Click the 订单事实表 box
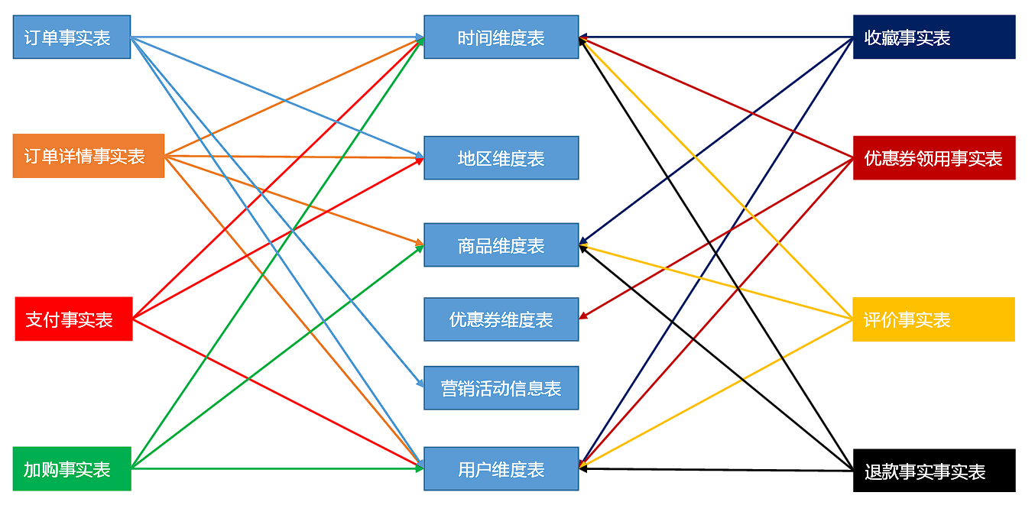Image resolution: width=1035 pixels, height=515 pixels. pos(71,37)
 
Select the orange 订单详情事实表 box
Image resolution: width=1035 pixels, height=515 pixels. pos(88,156)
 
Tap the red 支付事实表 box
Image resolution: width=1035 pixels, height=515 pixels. pos(73,319)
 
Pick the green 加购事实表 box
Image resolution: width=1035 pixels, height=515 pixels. pos(72,468)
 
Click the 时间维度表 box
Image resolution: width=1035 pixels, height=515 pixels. pos(501,37)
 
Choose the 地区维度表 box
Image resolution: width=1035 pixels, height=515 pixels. pos(501,158)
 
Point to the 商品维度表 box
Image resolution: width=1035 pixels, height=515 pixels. pos(501,245)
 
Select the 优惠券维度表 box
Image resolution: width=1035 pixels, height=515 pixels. pos(501,319)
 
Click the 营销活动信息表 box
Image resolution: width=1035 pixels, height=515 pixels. pos(501,388)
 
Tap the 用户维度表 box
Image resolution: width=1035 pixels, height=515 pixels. pos(501,469)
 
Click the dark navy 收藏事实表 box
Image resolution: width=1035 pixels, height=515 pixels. pos(933,37)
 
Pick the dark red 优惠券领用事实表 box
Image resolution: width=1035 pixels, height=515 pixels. pos(933,158)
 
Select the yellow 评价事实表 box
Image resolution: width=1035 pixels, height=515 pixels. pos(933,319)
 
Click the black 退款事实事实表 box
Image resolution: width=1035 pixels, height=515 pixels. pos(933,471)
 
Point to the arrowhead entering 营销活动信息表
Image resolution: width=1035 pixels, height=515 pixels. pos(420,384)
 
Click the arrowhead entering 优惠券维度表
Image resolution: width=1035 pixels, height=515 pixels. pos(582,316)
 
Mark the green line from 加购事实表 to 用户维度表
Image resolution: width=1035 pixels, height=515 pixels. pos(275,468)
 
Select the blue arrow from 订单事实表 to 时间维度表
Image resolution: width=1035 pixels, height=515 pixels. pos(275,37)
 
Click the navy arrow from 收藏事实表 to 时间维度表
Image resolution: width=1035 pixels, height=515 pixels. pos(715,37)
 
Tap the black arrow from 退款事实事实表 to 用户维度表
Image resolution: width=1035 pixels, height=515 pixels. pos(715,470)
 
